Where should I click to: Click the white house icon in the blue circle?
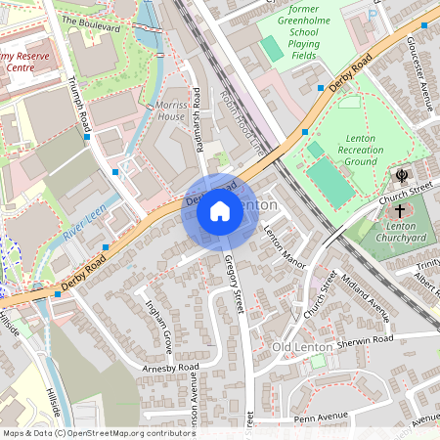tap(220, 210)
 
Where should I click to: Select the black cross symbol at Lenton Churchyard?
tap(399, 210)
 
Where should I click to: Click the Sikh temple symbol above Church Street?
tap(400, 177)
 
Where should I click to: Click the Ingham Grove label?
tap(158, 329)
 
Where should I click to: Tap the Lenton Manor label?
tap(285, 246)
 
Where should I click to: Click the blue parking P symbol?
tap(372, 14)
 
